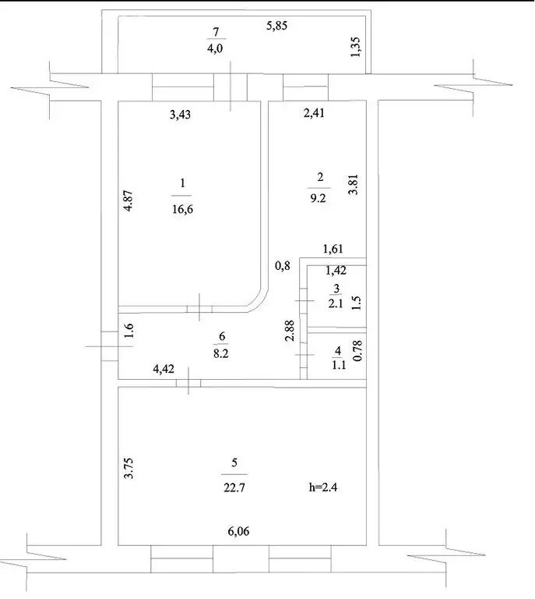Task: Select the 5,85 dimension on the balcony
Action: [x=277, y=27]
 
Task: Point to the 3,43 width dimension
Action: [x=181, y=115]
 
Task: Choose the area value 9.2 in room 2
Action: [x=319, y=198]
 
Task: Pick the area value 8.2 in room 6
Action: [x=222, y=353]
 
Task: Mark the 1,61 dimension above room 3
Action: [x=334, y=250]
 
